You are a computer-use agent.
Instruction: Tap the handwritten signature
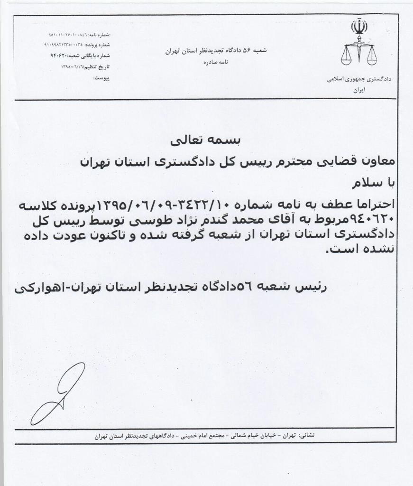pos(60,393)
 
